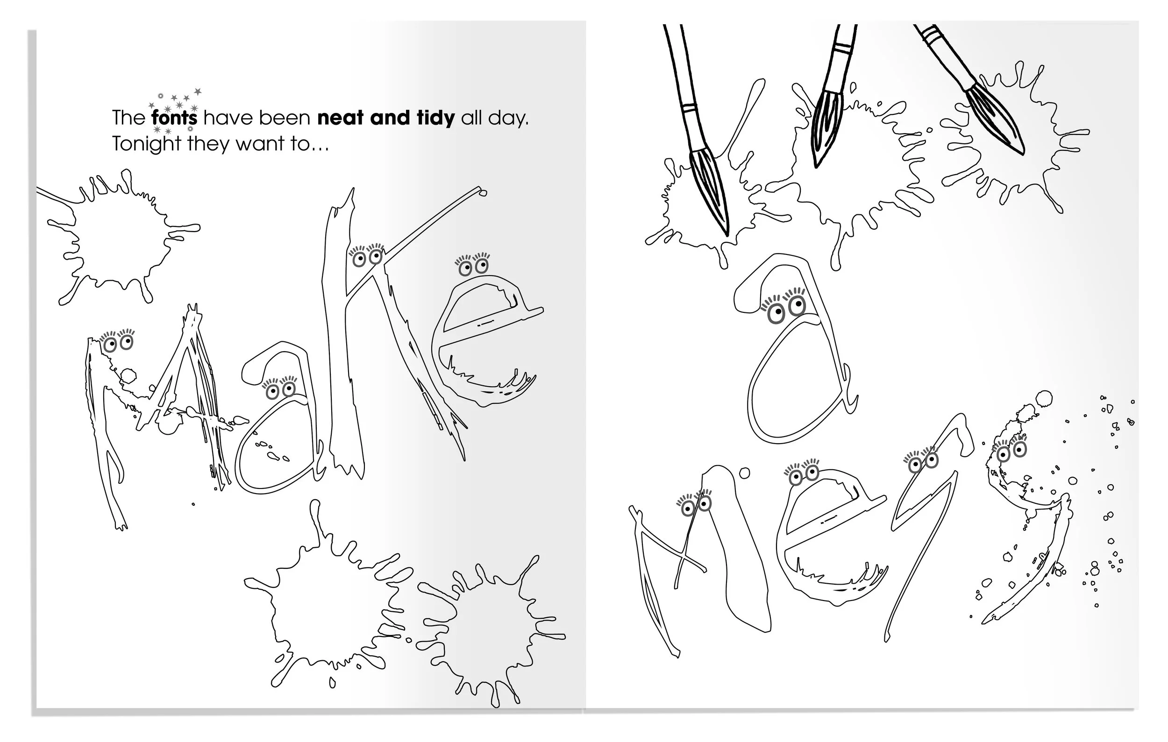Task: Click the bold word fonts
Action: click(x=175, y=118)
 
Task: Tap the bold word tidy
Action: click(x=435, y=118)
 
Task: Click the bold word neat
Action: click(x=340, y=118)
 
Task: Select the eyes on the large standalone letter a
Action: click(x=784, y=307)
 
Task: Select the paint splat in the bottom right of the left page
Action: click(x=492, y=630)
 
